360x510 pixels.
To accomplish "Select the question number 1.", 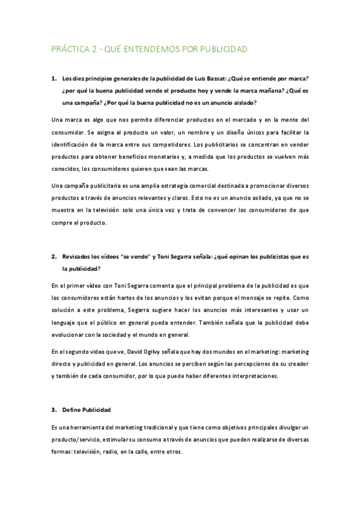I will [x=54, y=78].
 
